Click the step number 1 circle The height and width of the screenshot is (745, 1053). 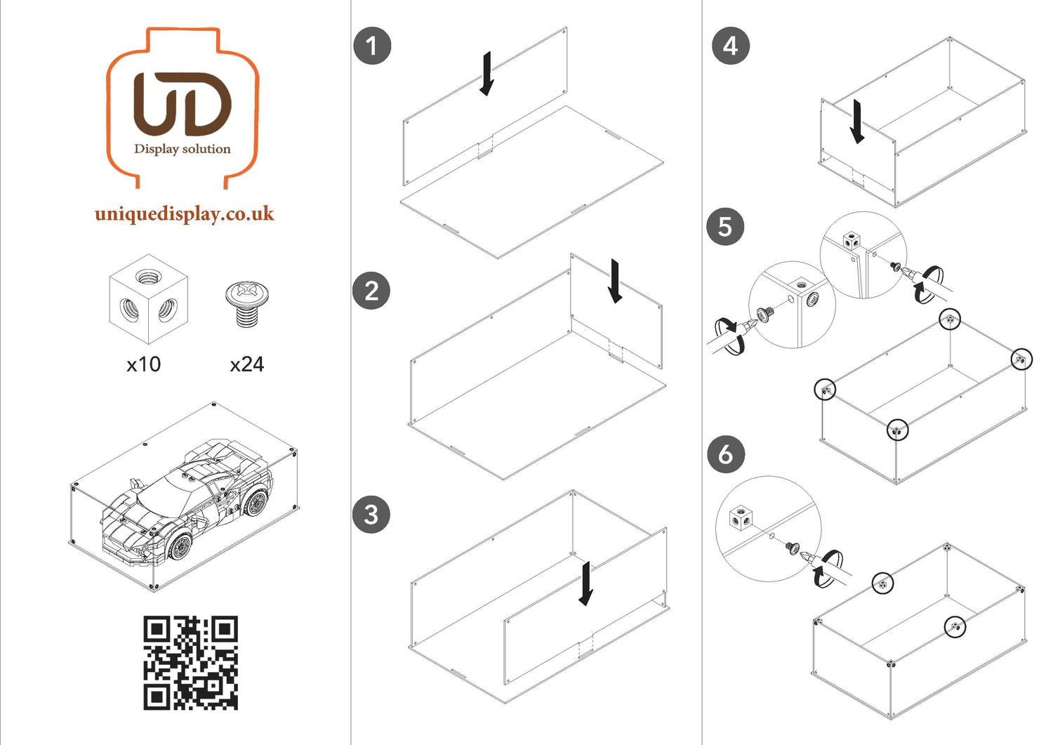click(372, 46)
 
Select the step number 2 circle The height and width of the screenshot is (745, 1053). click(371, 291)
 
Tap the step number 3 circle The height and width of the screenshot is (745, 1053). click(371, 514)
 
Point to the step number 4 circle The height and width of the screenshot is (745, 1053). click(730, 46)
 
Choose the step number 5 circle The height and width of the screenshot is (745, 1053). click(725, 227)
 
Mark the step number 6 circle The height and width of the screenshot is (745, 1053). click(725, 454)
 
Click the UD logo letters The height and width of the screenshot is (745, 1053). click(183, 104)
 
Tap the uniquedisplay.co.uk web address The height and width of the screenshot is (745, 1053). click(184, 213)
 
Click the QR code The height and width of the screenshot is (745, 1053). click(191, 663)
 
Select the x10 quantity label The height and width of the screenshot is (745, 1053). click(143, 364)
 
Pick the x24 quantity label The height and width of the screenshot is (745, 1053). click(246, 364)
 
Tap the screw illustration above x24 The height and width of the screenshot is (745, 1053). click(247, 303)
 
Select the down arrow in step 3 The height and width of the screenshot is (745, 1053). click(585, 584)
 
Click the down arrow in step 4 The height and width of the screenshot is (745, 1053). click(857, 121)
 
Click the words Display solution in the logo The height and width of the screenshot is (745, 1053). click(183, 149)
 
